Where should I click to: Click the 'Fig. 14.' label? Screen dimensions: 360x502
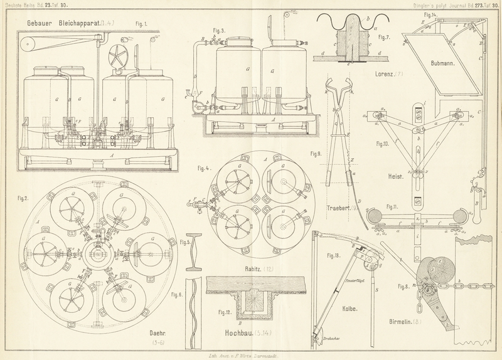click(x=430, y=14)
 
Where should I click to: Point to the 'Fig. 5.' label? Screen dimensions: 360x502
click(x=184, y=243)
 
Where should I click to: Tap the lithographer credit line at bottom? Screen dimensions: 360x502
click(x=250, y=355)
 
